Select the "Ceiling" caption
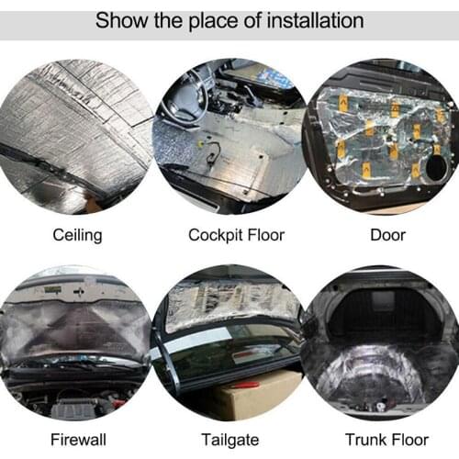pyautogui.click(x=77, y=235)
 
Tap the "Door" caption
pyautogui.click(x=387, y=235)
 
